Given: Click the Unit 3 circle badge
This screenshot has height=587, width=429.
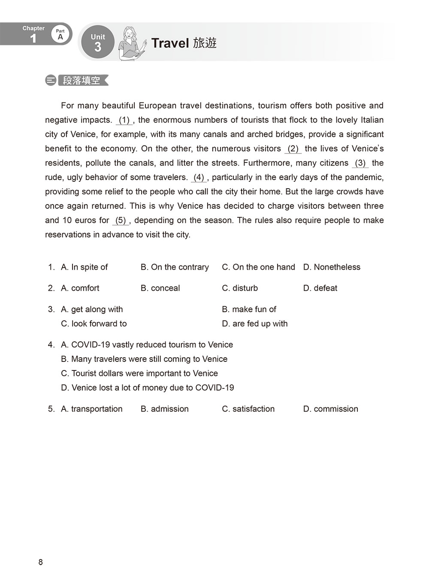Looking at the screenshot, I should pos(98,42).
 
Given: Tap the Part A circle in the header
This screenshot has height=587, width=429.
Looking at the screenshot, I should pos(60,34).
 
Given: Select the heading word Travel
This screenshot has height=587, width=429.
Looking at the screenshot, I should pos(170,43).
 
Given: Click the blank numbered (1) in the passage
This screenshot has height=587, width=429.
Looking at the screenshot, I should pos(124,120).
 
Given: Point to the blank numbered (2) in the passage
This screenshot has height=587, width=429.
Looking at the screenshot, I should pos(293,149).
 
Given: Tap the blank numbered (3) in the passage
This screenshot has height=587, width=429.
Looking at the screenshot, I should pos(360,163).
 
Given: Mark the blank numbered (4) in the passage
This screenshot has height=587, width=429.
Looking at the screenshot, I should pos(199,178).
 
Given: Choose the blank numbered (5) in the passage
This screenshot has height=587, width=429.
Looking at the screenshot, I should pos(121,220).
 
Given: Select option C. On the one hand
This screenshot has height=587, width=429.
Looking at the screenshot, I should pos(258,267).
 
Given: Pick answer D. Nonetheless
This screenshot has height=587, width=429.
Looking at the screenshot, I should pos(332,267).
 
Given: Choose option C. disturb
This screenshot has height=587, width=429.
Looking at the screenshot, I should pos(240,288).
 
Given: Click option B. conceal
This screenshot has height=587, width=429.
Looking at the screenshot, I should pos(160,288).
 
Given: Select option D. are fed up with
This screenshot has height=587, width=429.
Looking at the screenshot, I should pos(255,324).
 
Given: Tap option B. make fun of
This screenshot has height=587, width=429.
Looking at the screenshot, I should pos(249,309).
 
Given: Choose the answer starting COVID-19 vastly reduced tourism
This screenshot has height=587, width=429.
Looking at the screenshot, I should pos(147,345).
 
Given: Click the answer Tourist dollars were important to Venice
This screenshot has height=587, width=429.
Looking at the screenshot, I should pos(139,373).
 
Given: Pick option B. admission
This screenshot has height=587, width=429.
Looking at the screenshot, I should pos(164,409).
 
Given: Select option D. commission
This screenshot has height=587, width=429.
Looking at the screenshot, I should pos(330,409).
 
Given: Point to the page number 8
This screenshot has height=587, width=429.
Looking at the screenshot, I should pos(41,562).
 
